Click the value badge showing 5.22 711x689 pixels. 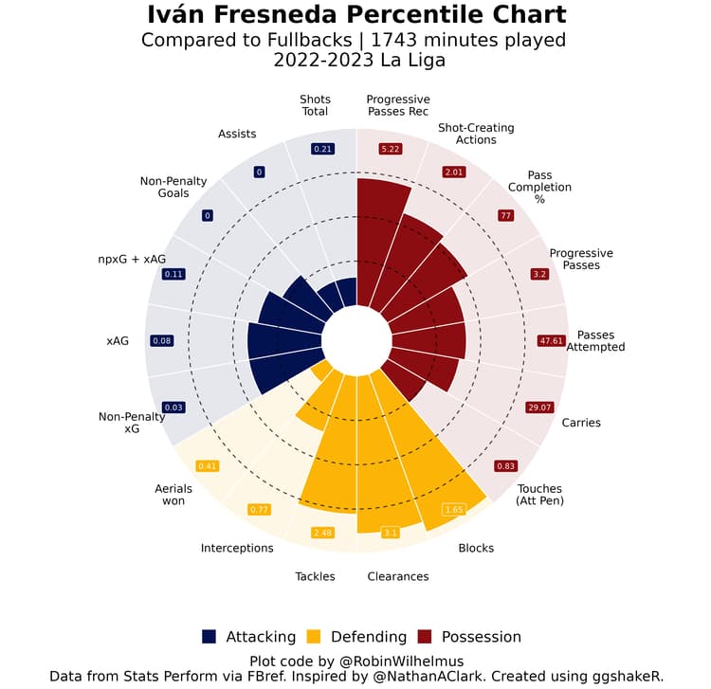390,149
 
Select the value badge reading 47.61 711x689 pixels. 551,340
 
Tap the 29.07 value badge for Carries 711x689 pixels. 538,408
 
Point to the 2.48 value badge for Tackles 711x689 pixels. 323,533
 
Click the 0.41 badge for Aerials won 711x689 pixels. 208,465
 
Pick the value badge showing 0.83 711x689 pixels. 506,466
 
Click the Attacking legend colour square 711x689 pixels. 210,637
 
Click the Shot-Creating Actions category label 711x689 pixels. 476,134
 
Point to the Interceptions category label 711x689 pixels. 237,548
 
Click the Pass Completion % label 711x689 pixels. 539,187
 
